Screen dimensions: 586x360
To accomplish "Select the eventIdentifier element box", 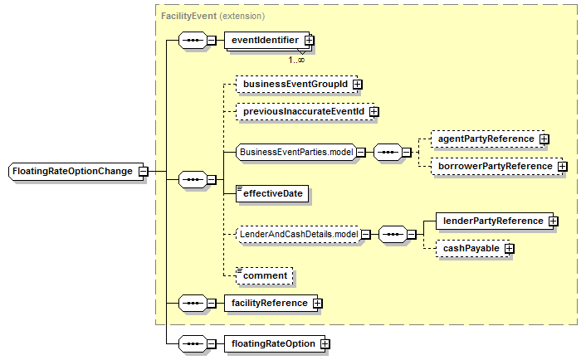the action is pos(266,41).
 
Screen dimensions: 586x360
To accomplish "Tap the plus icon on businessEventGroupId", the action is pos(357,85).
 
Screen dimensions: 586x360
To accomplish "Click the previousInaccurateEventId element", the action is pos(305,112).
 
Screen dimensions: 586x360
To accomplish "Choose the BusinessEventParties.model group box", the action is pos(296,153).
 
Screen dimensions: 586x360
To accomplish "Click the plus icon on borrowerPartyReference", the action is pos(563,167).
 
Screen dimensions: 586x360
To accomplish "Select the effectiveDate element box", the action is pos(272,193).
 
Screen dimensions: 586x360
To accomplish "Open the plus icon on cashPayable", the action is pos(509,249).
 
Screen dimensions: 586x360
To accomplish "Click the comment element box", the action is pos(265,276).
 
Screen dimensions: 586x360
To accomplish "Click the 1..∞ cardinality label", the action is pos(296,60).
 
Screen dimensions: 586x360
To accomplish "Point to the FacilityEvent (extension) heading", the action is pos(212,16).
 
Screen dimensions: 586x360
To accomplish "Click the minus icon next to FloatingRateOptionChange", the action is pos(143,172).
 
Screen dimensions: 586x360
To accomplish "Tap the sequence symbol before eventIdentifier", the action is pos(193,41).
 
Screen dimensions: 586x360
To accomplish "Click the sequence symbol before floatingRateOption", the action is pos(193,344).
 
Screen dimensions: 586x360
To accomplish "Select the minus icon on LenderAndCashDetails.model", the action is pos(366,235).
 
